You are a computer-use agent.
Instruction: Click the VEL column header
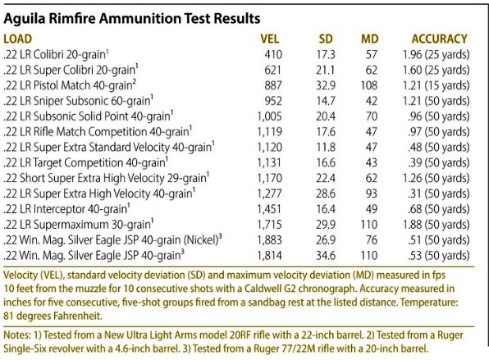[x=270, y=39]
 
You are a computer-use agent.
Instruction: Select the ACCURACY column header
[x=440, y=39]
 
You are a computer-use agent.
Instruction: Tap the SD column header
[x=326, y=39]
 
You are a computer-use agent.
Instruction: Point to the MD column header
[x=369, y=39]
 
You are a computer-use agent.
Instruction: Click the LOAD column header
[x=18, y=39]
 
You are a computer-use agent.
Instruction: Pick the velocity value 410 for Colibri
[x=273, y=55]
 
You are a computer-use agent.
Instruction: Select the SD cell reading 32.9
[x=326, y=85]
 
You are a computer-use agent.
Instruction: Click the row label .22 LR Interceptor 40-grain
[x=66, y=209]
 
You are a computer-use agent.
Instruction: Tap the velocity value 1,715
[x=269, y=225]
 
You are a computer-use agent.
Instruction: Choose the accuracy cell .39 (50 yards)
[x=438, y=162]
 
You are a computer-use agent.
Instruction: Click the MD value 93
[x=371, y=194]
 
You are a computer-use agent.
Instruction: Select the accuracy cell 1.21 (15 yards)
[x=436, y=85]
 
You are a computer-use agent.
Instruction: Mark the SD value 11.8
[x=326, y=147]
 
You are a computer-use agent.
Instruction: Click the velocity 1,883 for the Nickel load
[x=269, y=240]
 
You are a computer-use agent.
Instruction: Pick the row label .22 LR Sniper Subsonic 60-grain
[x=78, y=101]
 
